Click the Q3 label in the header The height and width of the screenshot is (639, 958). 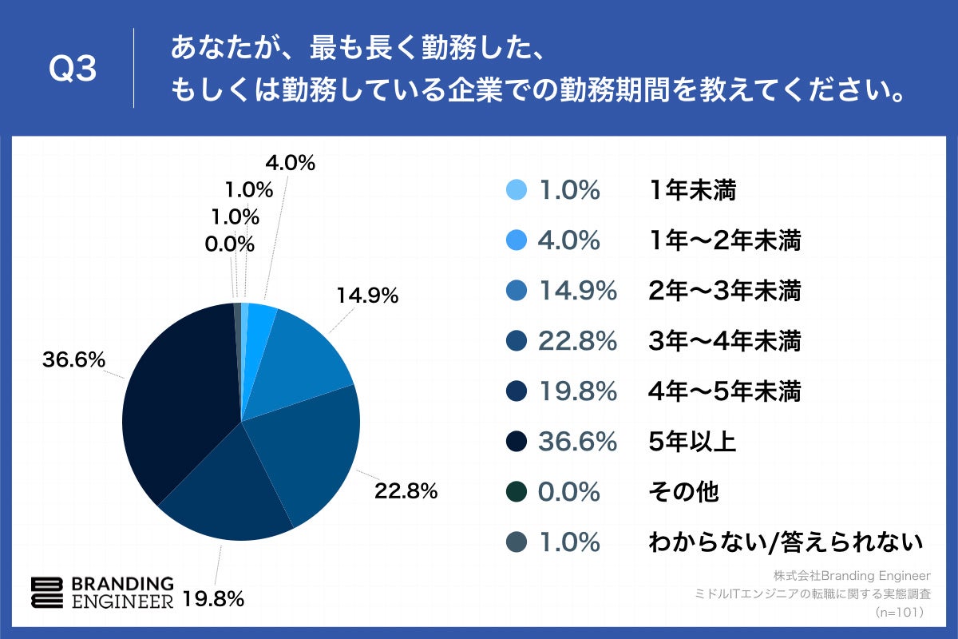pyautogui.click(x=73, y=70)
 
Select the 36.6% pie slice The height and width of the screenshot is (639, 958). pyautogui.click(x=180, y=399)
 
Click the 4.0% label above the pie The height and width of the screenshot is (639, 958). pyautogui.click(x=290, y=163)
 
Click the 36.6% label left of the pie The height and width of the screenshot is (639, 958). pyautogui.click(x=73, y=360)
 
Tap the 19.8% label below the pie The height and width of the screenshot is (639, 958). pyautogui.click(x=212, y=598)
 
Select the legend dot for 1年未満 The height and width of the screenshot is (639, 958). pyautogui.click(x=517, y=190)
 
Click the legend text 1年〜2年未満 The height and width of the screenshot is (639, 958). pyautogui.click(x=724, y=240)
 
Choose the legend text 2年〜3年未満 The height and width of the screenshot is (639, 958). pyautogui.click(x=724, y=291)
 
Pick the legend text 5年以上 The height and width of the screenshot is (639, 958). pyautogui.click(x=691, y=442)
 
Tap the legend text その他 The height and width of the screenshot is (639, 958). pyautogui.click(x=683, y=492)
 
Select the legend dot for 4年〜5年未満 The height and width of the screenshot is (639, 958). pyautogui.click(x=517, y=391)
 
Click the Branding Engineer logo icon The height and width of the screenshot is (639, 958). pyautogui.click(x=46, y=592)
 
